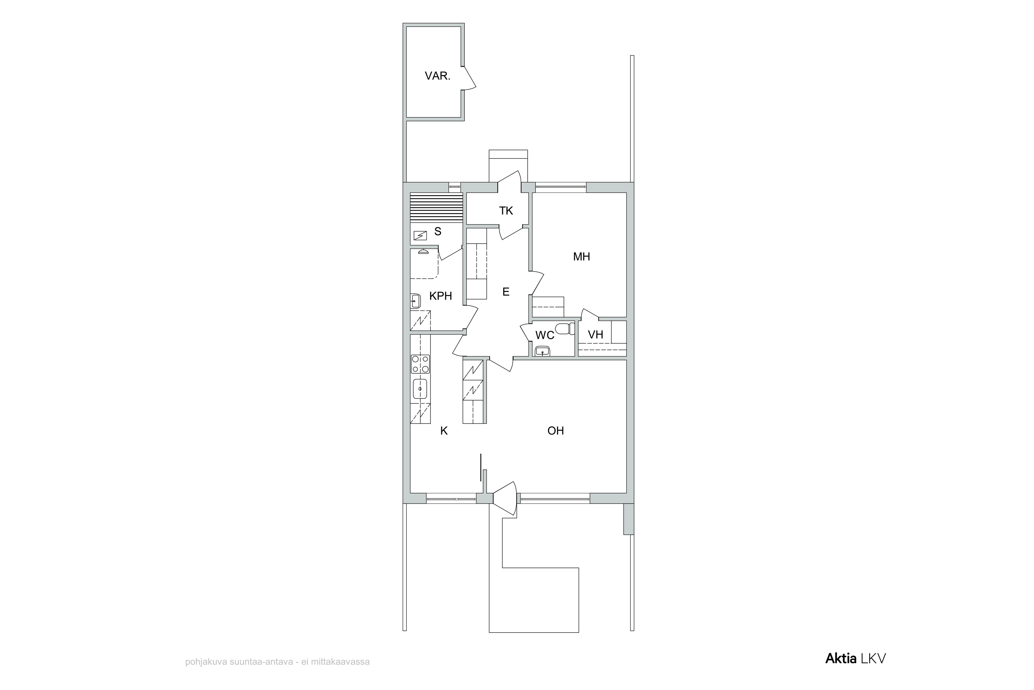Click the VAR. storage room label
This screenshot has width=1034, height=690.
437,76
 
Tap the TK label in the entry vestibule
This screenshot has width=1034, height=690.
506,211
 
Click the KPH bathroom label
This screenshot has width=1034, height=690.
440,296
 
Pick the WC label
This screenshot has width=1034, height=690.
545,335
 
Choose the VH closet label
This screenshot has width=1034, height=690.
596,334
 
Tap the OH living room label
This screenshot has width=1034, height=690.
556,431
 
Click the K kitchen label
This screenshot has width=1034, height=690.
444,431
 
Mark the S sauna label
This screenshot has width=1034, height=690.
437,231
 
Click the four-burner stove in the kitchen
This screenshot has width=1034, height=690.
420,364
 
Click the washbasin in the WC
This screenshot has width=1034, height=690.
543,351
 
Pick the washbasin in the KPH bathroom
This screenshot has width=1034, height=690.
415,301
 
